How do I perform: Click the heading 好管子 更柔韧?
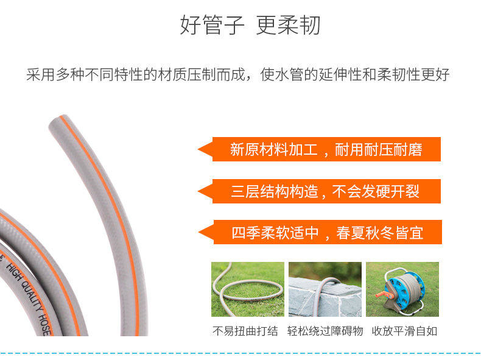click(250, 25)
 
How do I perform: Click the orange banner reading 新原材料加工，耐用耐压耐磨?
click(319, 149)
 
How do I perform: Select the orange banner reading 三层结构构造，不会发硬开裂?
click(319, 191)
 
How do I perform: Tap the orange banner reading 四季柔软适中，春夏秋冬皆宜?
click(320, 232)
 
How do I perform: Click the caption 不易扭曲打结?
click(245, 331)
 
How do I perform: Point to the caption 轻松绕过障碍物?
click(325, 331)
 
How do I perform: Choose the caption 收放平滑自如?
click(404, 331)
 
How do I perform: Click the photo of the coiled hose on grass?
click(248, 289)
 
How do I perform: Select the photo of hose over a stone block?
click(325, 289)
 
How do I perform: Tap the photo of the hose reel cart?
click(402, 289)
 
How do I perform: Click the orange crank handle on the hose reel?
click(385, 295)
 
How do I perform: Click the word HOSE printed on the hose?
click(44, 325)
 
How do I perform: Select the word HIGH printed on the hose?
click(14, 271)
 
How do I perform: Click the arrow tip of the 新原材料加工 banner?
click(198, 149)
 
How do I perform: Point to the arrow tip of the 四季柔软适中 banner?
click(199, 232)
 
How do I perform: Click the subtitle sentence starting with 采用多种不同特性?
click(238, 74)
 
